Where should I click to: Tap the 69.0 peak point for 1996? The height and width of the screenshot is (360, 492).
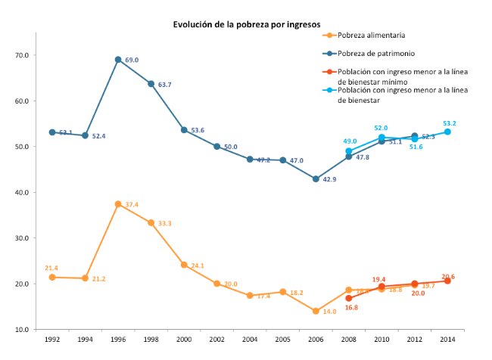click(118, 60)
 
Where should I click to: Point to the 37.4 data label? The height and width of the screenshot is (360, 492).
click(132, 204)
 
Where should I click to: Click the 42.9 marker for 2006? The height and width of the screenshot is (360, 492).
click(316, 179)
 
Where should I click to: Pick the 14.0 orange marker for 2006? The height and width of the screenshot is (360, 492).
click(316, 311)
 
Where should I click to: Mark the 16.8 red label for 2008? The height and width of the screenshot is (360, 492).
click(350, 308)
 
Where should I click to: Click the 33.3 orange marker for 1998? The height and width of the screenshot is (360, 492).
click(151, 223)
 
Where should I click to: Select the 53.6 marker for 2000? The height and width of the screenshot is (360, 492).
click(184, 130)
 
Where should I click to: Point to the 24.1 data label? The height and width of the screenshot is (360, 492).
click(198, 265)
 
